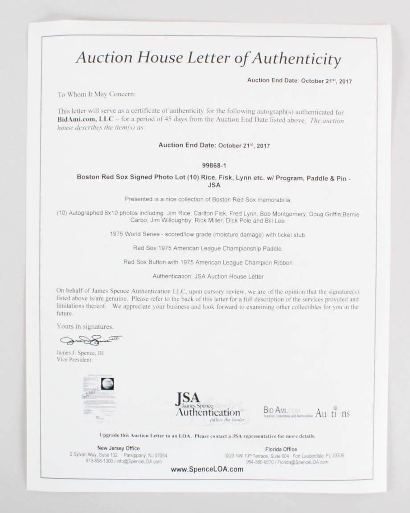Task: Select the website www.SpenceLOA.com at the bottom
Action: [x=207, y=469]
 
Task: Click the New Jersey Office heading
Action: [x=118, y=448]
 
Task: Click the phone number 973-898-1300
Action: [x=99, y=461]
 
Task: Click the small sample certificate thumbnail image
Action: [x=99, y=396]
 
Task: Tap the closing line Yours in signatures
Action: [x=85, y=326]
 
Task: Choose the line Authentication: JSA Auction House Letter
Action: [x=208, y=277]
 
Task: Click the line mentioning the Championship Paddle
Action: [x=208, y=248]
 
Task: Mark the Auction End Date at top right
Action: [x=299, y=81]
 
